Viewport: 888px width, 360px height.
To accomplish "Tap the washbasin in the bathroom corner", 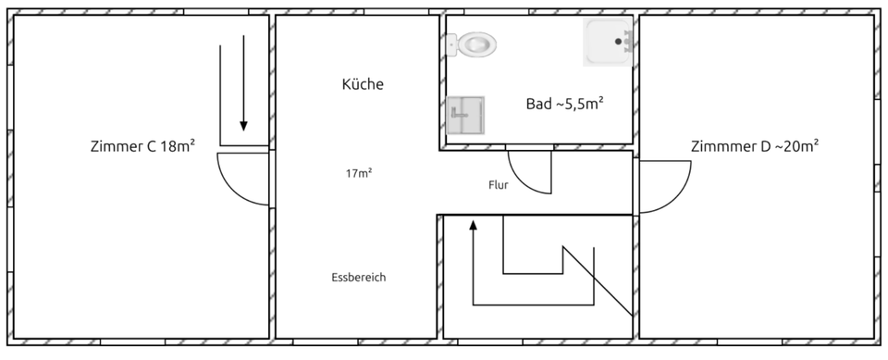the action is [x=608, y=42].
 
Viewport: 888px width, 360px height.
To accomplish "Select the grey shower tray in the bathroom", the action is [x=465, y=116].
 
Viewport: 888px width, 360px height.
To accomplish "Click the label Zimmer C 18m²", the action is [x=142, y=145].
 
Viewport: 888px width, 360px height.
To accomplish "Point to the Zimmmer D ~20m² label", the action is [x=755, y=146].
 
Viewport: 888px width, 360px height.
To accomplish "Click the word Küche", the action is [x=363, y=84].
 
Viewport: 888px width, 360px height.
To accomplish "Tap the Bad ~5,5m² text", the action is [x=564, y=104].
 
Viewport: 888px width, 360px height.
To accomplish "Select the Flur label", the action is [x=499, y=184].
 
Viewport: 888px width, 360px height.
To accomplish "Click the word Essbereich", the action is [x=358, y=277].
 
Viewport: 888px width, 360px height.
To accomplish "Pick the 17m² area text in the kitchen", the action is [x=358, y=173].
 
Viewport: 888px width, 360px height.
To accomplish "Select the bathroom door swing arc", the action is [x=531, y=175].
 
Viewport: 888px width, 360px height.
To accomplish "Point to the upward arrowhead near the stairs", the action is [x=473, y=225].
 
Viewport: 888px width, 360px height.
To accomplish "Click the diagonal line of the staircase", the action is [x=598, y=282].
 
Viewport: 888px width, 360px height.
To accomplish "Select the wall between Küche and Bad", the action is [x=442, y=83].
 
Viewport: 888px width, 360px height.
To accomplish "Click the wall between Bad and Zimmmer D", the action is [x=635, y=83].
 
